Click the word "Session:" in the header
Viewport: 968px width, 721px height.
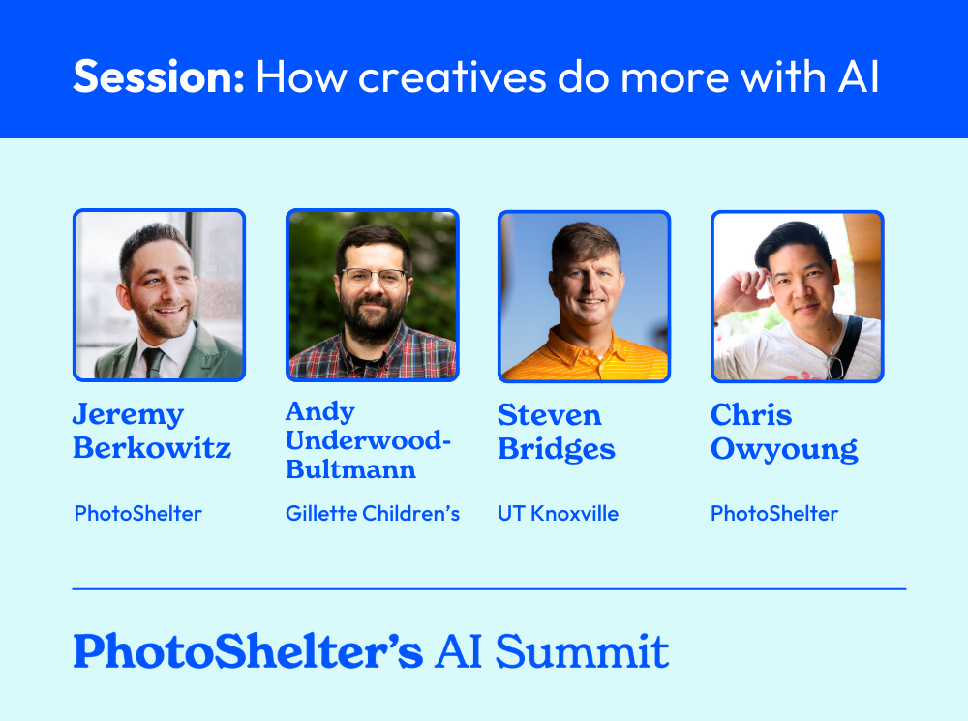coord(158,76)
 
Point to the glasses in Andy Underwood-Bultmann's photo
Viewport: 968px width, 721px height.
coord(374,278)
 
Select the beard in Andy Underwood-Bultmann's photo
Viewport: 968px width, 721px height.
coord(373,319)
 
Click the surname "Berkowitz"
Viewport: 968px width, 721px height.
coord(151,449)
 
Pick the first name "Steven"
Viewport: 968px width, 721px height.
coord(549,415)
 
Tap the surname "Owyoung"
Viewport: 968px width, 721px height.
coord(784,449)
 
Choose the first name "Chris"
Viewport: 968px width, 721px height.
coord(751,415)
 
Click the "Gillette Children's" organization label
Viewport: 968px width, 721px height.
coord(372,513)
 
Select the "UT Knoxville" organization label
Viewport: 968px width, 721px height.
coord(558,513)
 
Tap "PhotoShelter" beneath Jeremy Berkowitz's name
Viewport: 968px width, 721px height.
coord(137,513)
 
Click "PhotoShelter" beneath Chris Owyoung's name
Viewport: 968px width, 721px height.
coord(774,513)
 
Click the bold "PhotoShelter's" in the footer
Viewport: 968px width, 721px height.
coord(248,651)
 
